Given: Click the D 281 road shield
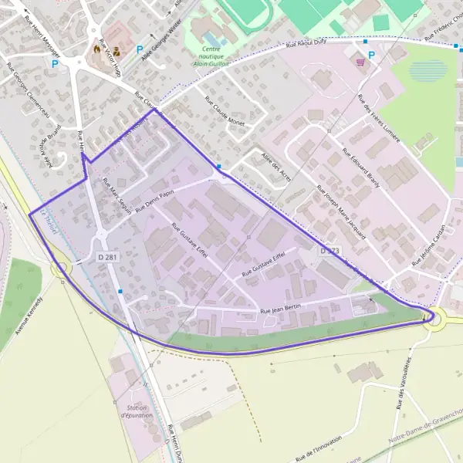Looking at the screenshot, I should [107, 255].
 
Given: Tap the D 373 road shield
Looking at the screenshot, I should [330, 252].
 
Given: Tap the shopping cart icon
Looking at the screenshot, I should [360, 60].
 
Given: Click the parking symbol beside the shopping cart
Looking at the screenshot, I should [372, 55].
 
